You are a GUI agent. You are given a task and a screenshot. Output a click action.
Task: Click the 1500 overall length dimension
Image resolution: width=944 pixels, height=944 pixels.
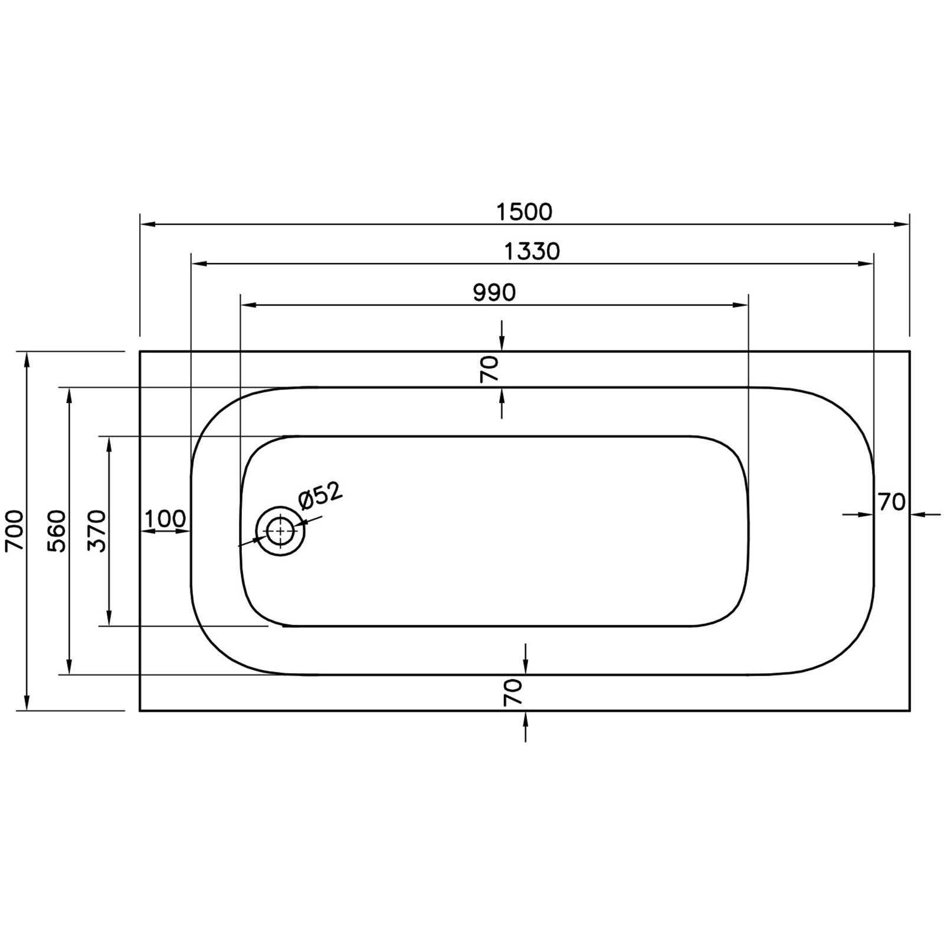click(524, 211)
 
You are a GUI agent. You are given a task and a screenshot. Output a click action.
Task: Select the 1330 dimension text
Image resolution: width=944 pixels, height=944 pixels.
click(532, 251)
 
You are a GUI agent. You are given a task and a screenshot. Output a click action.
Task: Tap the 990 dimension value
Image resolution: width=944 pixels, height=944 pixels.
click(494, 292)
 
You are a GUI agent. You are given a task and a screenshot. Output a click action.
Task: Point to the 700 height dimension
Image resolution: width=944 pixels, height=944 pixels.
click(14, 530)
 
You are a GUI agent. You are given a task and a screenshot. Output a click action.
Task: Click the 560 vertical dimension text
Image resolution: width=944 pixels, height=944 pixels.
click(57, 530)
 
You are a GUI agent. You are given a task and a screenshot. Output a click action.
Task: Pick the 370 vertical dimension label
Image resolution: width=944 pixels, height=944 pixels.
click(97, 530)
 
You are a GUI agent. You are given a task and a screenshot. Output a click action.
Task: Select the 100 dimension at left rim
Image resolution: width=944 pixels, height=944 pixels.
click(165, 519)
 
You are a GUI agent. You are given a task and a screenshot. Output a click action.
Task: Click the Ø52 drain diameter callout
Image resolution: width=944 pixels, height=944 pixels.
click(320, 496)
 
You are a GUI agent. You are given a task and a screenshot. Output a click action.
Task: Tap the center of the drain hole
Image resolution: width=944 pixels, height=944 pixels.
click(281, 531)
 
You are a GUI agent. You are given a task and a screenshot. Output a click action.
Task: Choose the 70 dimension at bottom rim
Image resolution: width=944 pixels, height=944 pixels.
click(513, 692)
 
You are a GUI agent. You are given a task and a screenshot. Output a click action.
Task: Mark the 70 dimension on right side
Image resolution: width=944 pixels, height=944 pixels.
click(891, 502)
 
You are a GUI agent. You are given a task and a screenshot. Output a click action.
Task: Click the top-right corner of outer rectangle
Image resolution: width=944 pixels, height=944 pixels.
click(910, 352)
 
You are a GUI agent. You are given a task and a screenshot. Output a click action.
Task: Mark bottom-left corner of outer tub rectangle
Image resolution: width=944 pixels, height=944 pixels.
click(140, 710)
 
